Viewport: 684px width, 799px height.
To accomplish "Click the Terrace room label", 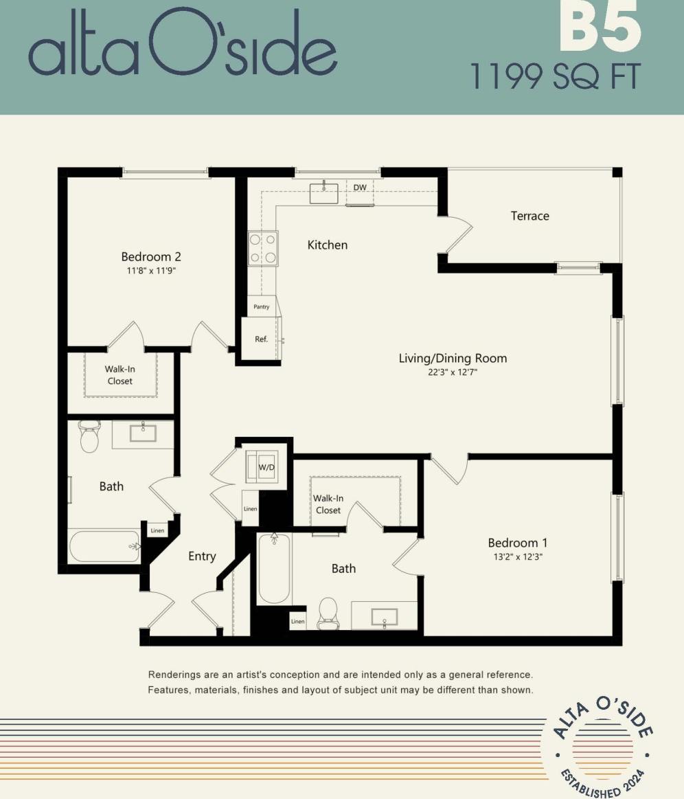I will pos(529,216).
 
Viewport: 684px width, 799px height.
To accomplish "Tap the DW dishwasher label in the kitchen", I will pos(360,187).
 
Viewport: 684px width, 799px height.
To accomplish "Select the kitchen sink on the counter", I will pos(323,192).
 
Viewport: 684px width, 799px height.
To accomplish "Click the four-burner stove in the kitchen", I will pos(263,249).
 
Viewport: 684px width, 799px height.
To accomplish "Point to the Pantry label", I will pos(262,307).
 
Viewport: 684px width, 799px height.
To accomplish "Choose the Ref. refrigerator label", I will pos(261,339).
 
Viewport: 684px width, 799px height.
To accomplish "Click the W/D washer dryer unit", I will pos(266,467).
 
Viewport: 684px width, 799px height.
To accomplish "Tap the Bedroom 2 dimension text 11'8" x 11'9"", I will pos(151,271).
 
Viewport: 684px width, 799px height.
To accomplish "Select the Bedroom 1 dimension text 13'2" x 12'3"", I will pos(517,556).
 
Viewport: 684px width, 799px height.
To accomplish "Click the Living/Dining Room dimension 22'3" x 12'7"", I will pos(453,372).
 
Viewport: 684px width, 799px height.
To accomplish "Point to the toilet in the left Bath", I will pos(90,437).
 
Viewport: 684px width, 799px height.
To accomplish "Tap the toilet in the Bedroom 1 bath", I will pos(328,613).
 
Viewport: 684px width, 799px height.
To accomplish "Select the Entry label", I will pos(202,556).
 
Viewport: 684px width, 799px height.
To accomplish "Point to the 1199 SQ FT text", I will pos(555,76).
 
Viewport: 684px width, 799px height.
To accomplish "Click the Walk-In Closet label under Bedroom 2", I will pos(119,375).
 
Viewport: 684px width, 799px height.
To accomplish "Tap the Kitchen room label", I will pos(327,245).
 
